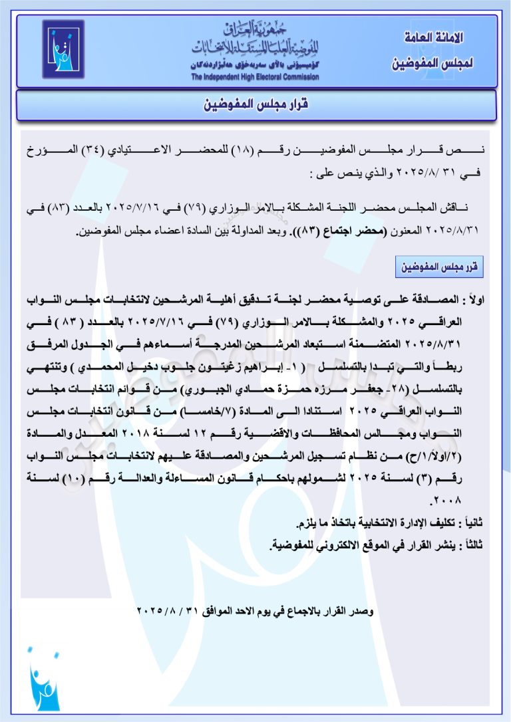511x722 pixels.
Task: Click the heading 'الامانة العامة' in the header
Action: (x=433, y=38)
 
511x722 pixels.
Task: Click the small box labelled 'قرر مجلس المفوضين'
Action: (x=439, y=267)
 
